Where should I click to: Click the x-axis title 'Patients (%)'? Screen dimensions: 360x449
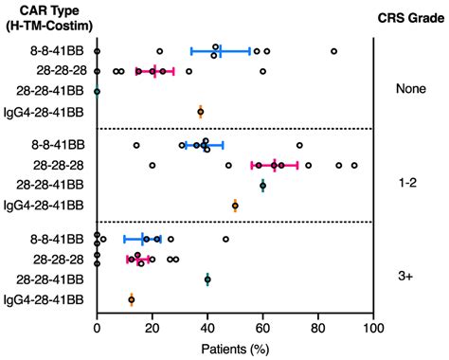(x=234, y=348)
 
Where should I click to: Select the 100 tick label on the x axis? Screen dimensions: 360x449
(x=373, y=329)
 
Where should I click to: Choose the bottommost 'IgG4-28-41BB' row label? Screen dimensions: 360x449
(x=45, y=299)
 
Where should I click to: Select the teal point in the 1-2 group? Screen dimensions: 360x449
(x=263, y=186)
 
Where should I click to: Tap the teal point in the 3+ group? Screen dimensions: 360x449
(x=207, y=279)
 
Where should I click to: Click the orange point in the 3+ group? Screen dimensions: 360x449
(x=132, y=299)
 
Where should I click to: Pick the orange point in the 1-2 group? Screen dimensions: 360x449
(x=236, y=205)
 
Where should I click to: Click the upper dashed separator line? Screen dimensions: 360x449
(x=235, y=129)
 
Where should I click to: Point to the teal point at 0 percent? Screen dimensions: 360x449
(x=98, y=92)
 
